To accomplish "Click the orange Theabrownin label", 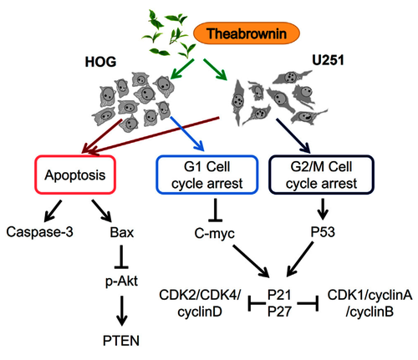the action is click(247, 33).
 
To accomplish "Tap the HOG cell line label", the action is click(100, 62).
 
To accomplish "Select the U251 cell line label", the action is click(328, 60).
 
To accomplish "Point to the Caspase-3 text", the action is click(39, 231).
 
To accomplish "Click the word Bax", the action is click(122, 232).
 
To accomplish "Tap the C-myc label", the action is click(214, 233).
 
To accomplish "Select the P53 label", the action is click(323, 232).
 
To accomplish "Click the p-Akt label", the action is click(121, 281).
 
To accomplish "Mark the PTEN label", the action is click(121, 341).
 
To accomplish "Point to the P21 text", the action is click(279, 295).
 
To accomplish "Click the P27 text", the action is click(279, 312).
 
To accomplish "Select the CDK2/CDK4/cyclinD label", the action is click(200, 303).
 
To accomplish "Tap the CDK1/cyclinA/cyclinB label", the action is click(370, 303).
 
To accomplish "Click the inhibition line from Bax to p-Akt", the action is click(121, 256).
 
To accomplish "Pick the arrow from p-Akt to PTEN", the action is click(121, 311).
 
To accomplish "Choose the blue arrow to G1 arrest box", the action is click(187, 134).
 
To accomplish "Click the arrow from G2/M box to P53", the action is click(323, 209).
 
